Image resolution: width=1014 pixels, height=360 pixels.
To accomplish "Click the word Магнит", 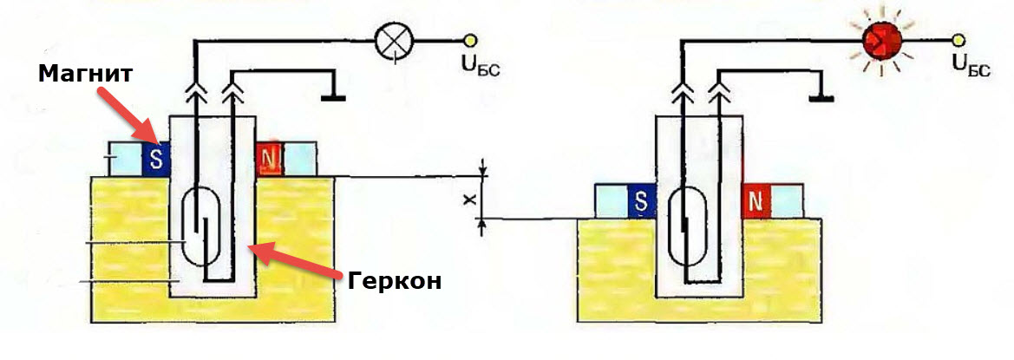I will (x=85, y=74).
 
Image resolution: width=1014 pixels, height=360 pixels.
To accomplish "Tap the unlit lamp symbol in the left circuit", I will (x=395, y=39).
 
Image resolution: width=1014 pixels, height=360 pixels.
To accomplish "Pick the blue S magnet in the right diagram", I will (x=642, y=201).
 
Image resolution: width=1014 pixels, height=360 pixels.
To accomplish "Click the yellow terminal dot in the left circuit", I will (x=471, y=39).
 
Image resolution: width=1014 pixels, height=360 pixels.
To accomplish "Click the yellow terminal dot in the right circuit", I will (x=959, y=39).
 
